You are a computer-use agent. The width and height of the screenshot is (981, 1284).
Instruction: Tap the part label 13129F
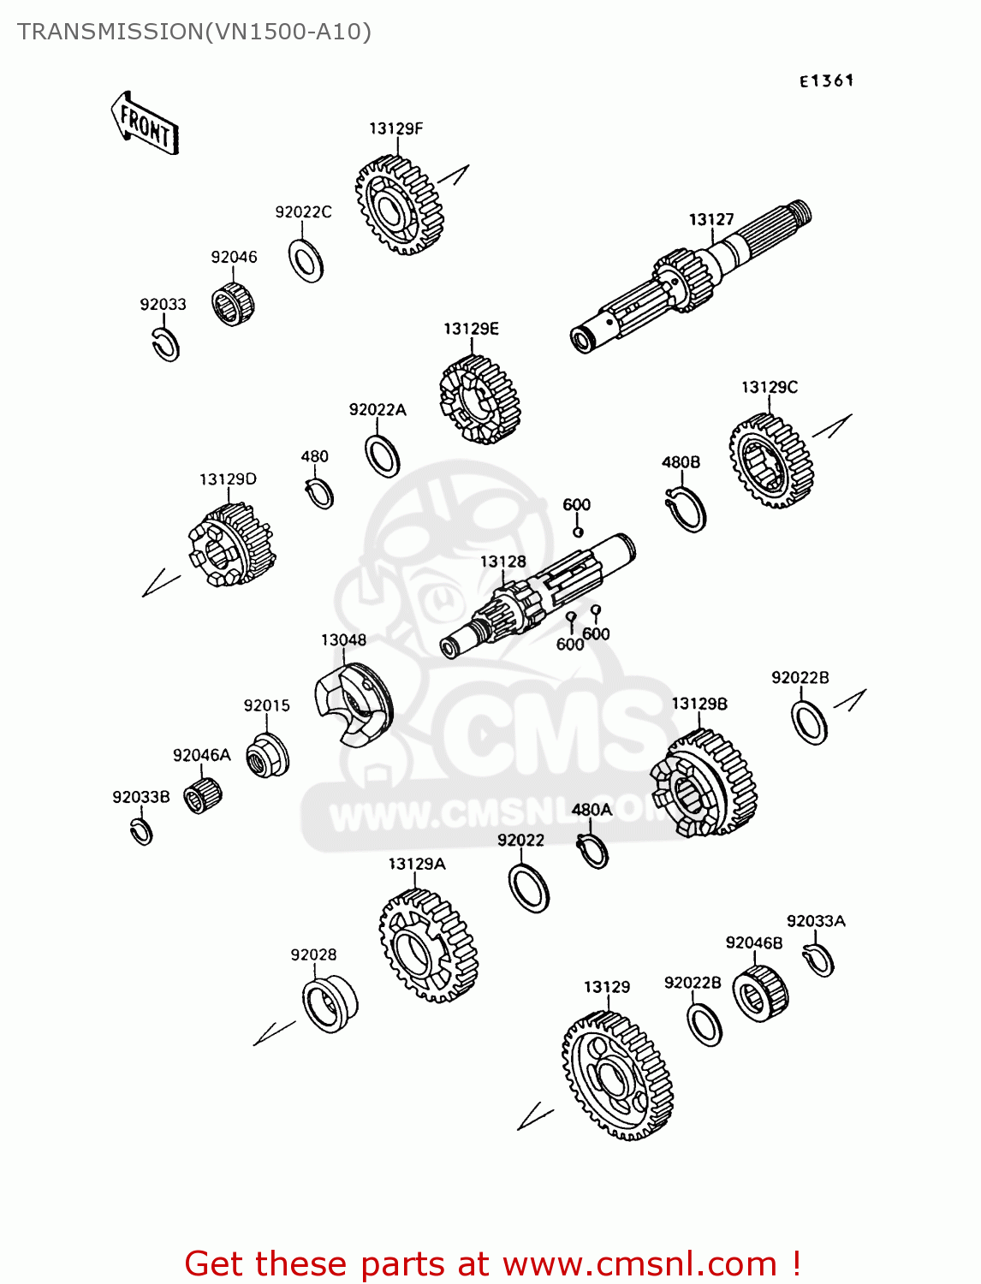tap(395, 128)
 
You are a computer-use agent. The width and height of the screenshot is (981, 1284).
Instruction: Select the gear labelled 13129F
tap(400, 205)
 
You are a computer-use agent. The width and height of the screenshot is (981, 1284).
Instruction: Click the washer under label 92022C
tap(306, 260)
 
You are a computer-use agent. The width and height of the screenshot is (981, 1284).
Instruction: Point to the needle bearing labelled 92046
tap(233, 304)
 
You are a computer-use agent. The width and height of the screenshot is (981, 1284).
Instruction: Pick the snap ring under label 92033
tap(165, 345)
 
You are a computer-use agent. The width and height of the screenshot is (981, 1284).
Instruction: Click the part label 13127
tap(710, 219)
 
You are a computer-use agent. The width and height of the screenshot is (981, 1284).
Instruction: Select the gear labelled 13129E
tap(479, 400)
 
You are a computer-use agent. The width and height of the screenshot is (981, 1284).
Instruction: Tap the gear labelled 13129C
tap(771, 461)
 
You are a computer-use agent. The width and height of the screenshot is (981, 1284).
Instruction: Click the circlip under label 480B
tap(686, 509)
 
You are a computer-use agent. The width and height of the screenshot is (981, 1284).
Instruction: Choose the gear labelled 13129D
tap(232, 544)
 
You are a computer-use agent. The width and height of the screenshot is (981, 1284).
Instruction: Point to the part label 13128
tap(503, 562)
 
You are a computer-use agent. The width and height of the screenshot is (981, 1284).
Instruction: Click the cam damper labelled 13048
tap(354, 704)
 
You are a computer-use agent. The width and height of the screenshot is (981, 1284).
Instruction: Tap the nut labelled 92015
tap(267, 755)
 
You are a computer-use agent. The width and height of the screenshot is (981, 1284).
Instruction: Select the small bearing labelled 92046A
tap(202, 795)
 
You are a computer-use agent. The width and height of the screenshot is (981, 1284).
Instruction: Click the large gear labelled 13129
tap(618, 1075)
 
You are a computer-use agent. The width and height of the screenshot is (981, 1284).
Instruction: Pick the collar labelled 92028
tap(330, 1004)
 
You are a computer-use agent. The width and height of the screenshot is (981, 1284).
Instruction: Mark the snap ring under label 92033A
tap(818, 960)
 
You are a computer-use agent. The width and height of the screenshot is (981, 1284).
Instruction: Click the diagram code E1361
tap(826, 80)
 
